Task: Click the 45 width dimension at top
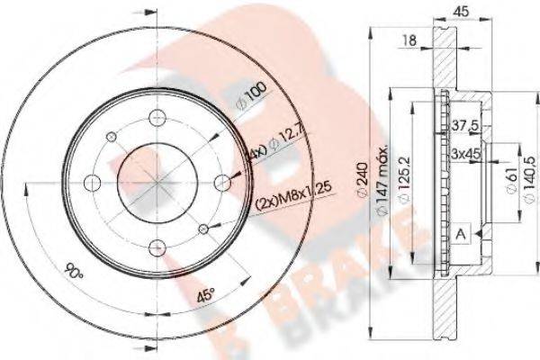coord(459,13)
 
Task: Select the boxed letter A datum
coord(462,235)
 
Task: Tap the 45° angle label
coord(204,293)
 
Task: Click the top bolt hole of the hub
coord(158,115)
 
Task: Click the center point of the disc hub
coord(158,181)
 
